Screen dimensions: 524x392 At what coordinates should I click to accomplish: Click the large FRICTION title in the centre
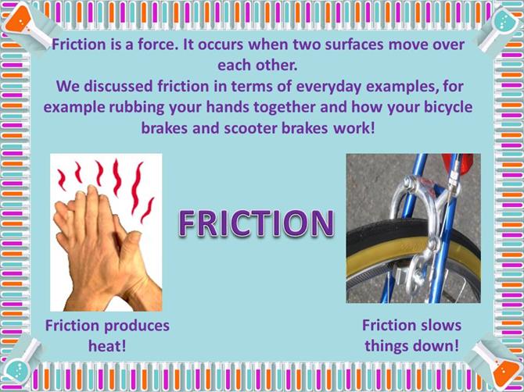tap(257, 223)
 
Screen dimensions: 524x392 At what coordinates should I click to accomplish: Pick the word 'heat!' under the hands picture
tap(107, 346)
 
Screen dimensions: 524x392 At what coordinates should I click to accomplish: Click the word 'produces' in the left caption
tap(136, 326)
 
